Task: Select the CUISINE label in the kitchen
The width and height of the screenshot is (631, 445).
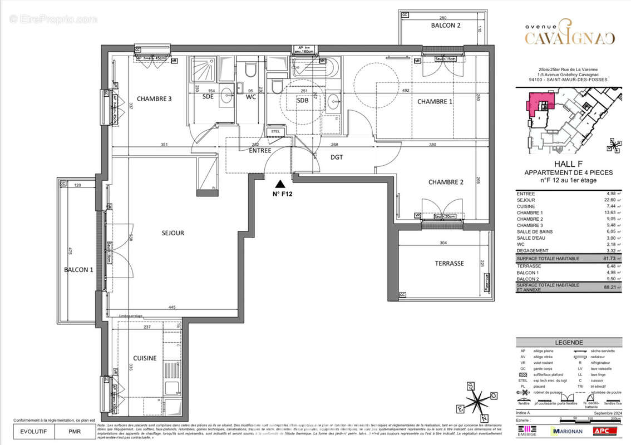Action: (x=144, y=358)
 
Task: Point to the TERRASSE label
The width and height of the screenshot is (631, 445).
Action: (x=449, y=264)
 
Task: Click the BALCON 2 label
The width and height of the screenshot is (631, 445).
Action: (x=446, y=26)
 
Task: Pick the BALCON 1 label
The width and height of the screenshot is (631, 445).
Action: (x=78, y=270)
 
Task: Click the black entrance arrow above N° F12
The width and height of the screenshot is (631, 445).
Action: (x=281, y=184)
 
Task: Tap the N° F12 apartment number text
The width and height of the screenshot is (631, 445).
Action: (x=282, y=194)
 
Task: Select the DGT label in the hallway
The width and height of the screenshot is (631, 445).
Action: (x=337, y=157)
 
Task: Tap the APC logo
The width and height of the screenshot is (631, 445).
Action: (x=610, y=431)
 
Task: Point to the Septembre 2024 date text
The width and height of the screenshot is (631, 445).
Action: (x=604, y=413)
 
